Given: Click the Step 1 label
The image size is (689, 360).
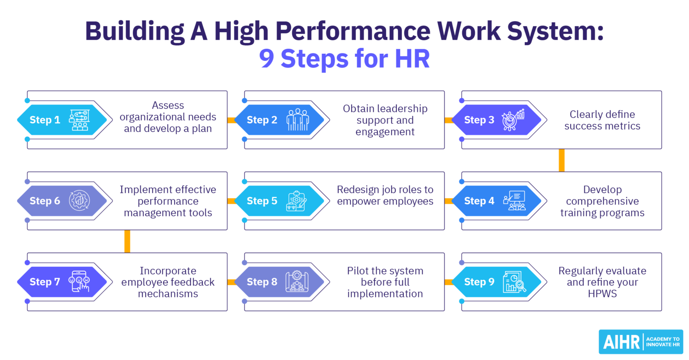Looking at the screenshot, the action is pos(45,120).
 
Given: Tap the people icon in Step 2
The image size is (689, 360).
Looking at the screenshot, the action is pos(298,120).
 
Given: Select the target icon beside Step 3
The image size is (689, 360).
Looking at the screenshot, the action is pos(513,120).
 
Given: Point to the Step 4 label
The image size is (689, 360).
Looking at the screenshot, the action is pos(479,201).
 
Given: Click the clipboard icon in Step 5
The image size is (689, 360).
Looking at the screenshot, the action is pos(297,201).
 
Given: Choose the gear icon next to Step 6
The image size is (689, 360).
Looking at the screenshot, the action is pos(79,201).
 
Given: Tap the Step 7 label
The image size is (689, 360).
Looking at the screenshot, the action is pos(45,282).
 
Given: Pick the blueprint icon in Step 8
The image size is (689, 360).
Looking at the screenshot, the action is pos(297,282).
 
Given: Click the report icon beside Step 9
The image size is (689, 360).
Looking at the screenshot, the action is pos(514,282).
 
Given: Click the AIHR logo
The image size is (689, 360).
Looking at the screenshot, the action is pos(641,342).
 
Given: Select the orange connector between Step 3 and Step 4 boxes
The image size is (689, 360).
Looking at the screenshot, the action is pos(561,160).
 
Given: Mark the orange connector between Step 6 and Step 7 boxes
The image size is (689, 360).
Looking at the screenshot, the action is pos(127,241).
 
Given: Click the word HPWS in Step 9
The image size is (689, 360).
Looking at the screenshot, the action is pos(602,294).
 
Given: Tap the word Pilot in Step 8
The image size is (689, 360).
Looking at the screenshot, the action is pos(357,271).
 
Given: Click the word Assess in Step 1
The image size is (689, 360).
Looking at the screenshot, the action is pos(168,105).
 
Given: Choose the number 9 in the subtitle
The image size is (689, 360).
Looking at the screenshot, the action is pos(267,59).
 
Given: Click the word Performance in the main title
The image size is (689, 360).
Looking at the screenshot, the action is pos(353,31).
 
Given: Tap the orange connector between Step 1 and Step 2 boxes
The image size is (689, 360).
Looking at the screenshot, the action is pos(231,120).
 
